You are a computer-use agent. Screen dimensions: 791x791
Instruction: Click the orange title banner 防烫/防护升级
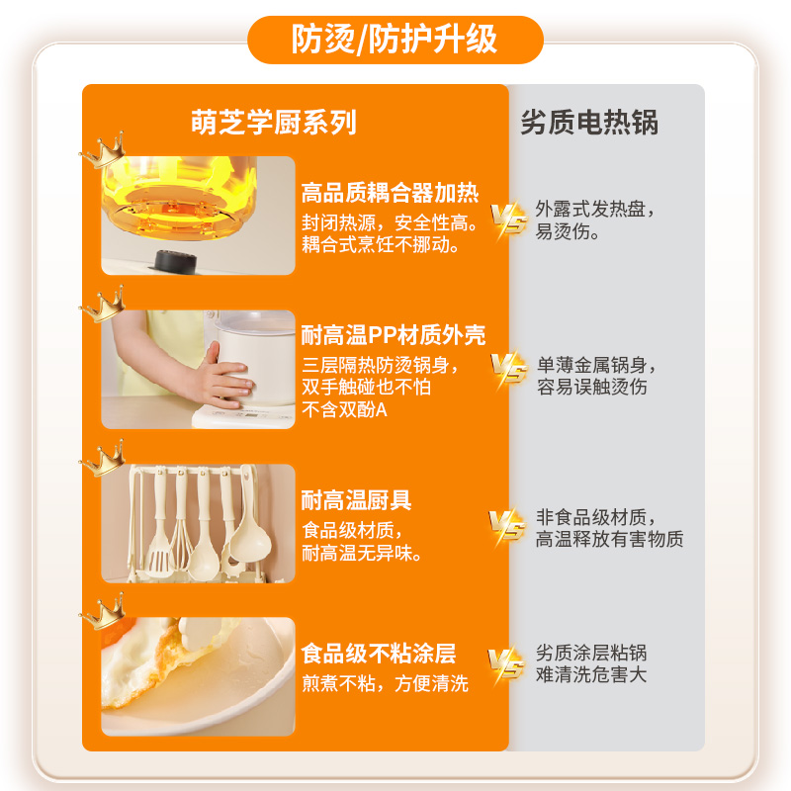[x=395, y=41]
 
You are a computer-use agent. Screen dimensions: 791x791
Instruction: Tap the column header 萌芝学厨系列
[x=274, y=122]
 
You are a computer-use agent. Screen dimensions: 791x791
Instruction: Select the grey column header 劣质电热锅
[x=589, y=122]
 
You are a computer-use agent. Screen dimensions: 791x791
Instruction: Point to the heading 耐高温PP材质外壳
[x=394, y=335]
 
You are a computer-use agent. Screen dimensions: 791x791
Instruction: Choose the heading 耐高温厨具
[x=356, y=500]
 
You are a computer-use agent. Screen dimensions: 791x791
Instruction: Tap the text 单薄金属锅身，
[x=596, y=364]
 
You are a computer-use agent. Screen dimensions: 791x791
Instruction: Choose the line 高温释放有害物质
[x=609, y=540]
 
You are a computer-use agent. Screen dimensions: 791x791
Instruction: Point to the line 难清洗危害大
[x=591, y=676]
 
